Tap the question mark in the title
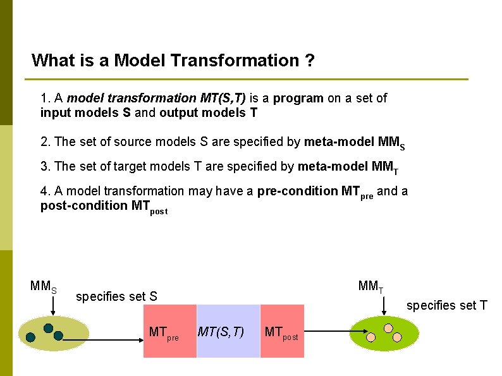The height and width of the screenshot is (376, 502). [310, 61]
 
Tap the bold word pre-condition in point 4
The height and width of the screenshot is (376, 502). [297, 191]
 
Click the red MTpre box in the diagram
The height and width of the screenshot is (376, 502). [169, 331]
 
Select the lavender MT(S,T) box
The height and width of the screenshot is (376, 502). [228, 331]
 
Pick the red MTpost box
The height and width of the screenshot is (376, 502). [282, 331]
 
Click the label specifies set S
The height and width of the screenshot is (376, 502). [116, 296]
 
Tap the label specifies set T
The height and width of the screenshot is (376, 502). [446, 306]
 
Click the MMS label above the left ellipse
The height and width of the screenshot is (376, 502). [44, 286]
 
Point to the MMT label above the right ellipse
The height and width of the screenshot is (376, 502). [370, 286]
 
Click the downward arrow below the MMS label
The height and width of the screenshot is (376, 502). [53, 305]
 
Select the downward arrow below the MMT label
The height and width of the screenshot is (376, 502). [384, 305]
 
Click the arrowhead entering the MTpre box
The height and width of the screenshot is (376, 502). [140, 339]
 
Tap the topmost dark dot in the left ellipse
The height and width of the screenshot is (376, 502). [48, 328]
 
